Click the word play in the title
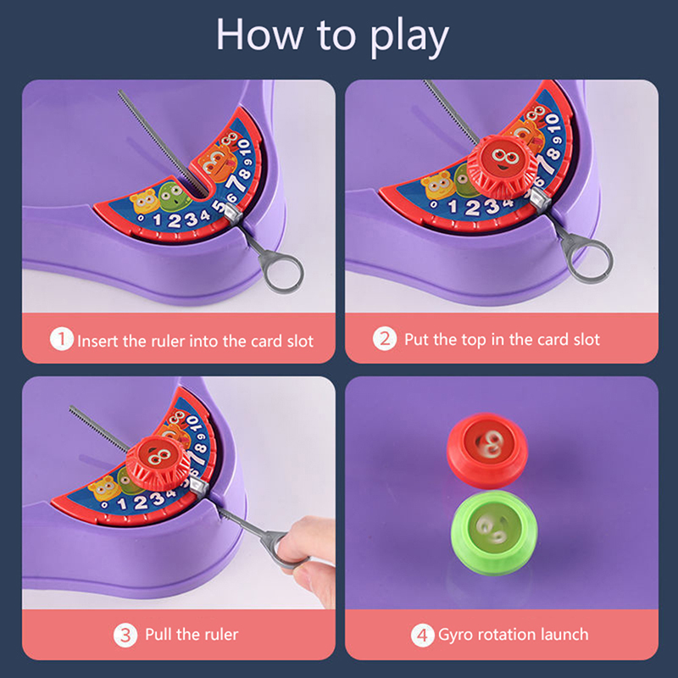pos(409,37)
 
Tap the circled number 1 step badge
pos(61,339)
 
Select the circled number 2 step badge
pos(385,338)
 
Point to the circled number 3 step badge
pos(125,635)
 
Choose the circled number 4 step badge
pos(422,635)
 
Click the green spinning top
pos(494,532)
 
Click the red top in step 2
pos(503,166)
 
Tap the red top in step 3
pos(158,463)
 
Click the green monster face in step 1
pos(175,197)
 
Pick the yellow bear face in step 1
pos(145,202)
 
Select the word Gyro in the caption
pos(454,635)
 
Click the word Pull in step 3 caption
pos(158,634)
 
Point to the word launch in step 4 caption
pos(564,634)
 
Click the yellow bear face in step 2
pos(436,185)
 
